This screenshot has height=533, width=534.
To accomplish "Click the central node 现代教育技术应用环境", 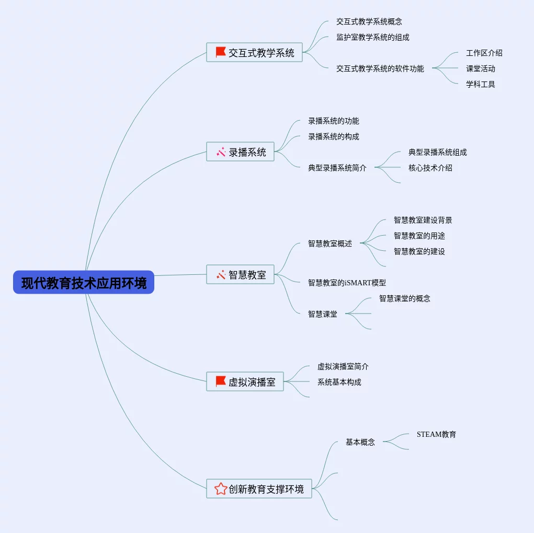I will point(84,283).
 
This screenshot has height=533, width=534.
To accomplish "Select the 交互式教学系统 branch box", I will point(255,53).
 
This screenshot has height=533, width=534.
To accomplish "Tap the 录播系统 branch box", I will point(241,152).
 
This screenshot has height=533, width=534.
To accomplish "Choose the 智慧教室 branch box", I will point(241,275).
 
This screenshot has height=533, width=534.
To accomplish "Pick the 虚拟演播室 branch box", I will point(245,382).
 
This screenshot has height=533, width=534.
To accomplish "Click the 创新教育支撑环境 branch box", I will point(259,489).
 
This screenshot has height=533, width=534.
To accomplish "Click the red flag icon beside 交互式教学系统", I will point(221,52).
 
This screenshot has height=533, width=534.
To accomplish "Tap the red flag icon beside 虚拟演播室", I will point(221,381).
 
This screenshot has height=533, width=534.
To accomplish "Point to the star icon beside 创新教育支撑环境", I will point(221,489).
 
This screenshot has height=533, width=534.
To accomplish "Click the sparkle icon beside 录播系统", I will point(221,152).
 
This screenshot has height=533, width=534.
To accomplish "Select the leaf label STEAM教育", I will point(436,434).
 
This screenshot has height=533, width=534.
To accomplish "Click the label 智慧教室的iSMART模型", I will point(347,283).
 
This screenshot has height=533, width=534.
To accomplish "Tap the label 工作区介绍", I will point(484,53).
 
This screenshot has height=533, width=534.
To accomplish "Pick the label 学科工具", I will point(481,84).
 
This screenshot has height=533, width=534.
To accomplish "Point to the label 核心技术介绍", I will point(430,168).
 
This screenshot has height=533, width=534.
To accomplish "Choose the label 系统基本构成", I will point(339,382).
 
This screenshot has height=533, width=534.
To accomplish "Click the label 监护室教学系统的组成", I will point(373,37).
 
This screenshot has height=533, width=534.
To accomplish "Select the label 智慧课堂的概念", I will point(405,298).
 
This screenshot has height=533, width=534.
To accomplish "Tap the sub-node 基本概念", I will point(360,442).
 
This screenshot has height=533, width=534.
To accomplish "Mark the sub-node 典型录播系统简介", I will point(337,168).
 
